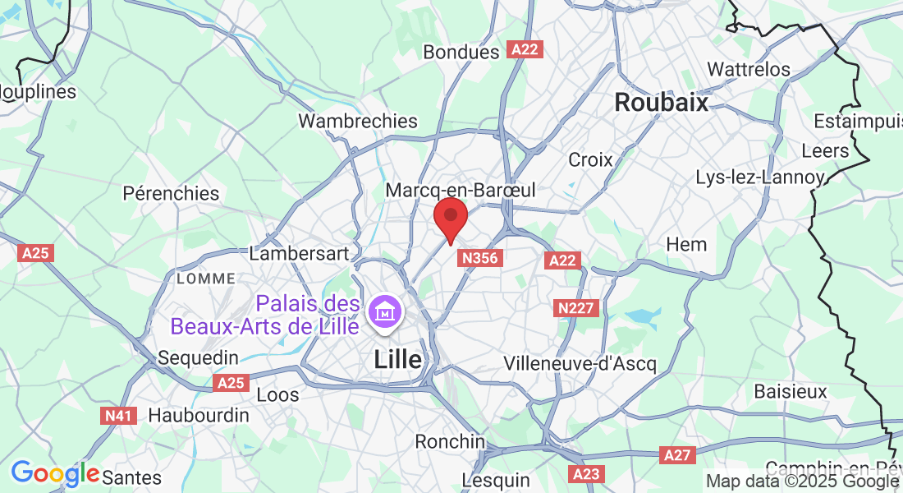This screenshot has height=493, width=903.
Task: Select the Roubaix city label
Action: (661, 103)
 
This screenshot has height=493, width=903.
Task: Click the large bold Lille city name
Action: (398, 359)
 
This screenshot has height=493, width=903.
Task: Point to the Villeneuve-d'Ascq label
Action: (580, 363)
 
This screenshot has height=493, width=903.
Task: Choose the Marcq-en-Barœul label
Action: (461, 190)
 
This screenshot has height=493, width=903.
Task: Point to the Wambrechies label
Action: (358, 121)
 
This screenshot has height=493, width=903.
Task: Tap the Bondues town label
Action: (461, 52)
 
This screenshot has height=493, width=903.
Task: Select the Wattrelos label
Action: (749, 69)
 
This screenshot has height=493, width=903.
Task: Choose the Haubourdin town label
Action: (199, 416)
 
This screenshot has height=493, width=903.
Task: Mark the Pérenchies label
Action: (171, 193)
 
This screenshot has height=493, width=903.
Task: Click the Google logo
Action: (55, 474)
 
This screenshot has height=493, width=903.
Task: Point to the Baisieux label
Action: (791, 391)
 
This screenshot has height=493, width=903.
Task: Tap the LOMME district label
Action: (206, 279)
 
